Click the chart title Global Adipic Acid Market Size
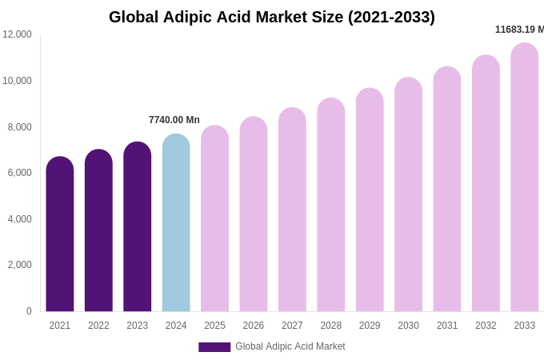pyautogui.click(x=272, y=17)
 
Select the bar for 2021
pyautogui.click(x=60, y=236)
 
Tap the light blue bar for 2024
pyautogui.click(x=176, y=224)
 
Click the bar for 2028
pyautogui.click(x=331, y=206)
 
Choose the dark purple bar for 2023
pyautogui.click(x=138, y=228)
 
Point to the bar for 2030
pyautogui.click(x=408, y=196)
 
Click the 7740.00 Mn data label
pyautogui.click(x=174, y=120)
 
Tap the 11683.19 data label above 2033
pyautogui.click(x=519, y=30)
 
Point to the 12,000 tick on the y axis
pyautogui.click(x=18, y=34)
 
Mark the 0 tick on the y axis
pyautogui.click(x=29, y=311)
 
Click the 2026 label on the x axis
pyautogui.click(x=254, y=326)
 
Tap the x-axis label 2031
pyautogui.click(x=447, y=326)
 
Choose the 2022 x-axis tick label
pyautogui.click(x=98, y=326)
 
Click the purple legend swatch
pyautogui.click(x=214, y=347)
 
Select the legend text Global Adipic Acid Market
pyautogui.click(x=290, y=346)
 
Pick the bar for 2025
pyautogui.click(x=214, y=220)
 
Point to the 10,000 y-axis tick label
pyautogui.click(x=18, y=81)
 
